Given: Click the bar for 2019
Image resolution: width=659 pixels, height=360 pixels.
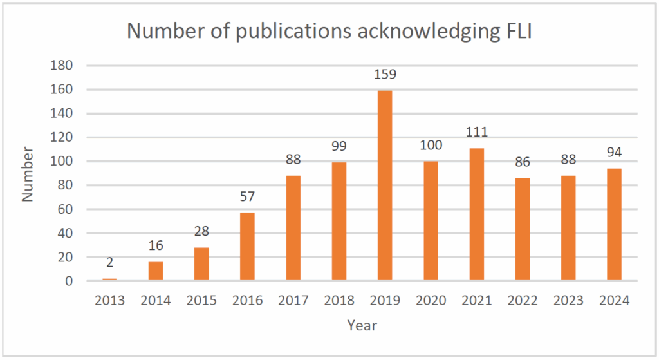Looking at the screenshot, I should pos(385,185).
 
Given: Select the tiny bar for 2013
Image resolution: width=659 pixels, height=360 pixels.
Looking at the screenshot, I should pos(109,279).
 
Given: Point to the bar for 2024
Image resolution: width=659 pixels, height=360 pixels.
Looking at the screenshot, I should pos(614,225).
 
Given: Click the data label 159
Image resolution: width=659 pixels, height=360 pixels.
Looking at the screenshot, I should pos(385,74).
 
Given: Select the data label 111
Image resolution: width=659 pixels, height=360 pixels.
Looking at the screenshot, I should pos(477,132).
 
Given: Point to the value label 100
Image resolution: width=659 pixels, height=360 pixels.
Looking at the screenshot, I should pos(431,145).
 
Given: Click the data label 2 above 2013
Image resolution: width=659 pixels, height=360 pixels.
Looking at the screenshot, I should pos(109,263).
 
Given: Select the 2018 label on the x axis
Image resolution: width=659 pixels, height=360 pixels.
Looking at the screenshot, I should pos(339,301).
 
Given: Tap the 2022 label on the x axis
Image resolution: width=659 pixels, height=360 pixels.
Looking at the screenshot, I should pos(523,301).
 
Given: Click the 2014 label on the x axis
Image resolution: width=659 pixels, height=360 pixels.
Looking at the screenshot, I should pos(155,301).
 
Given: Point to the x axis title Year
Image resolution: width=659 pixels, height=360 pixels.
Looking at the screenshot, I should pos(362,325).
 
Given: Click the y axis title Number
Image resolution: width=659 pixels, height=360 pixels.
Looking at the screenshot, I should pos(27,174).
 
